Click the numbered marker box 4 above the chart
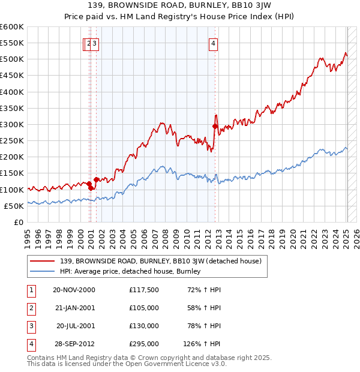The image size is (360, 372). click(214, 43)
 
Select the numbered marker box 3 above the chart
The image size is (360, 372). click(95, 43)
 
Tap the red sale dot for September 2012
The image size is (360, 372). click(215, 126)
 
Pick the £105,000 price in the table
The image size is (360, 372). click(143, 308)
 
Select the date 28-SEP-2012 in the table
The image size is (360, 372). click(74, 344)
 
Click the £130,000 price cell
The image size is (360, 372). click(143, 326)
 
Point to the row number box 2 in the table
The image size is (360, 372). click(31, 308)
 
